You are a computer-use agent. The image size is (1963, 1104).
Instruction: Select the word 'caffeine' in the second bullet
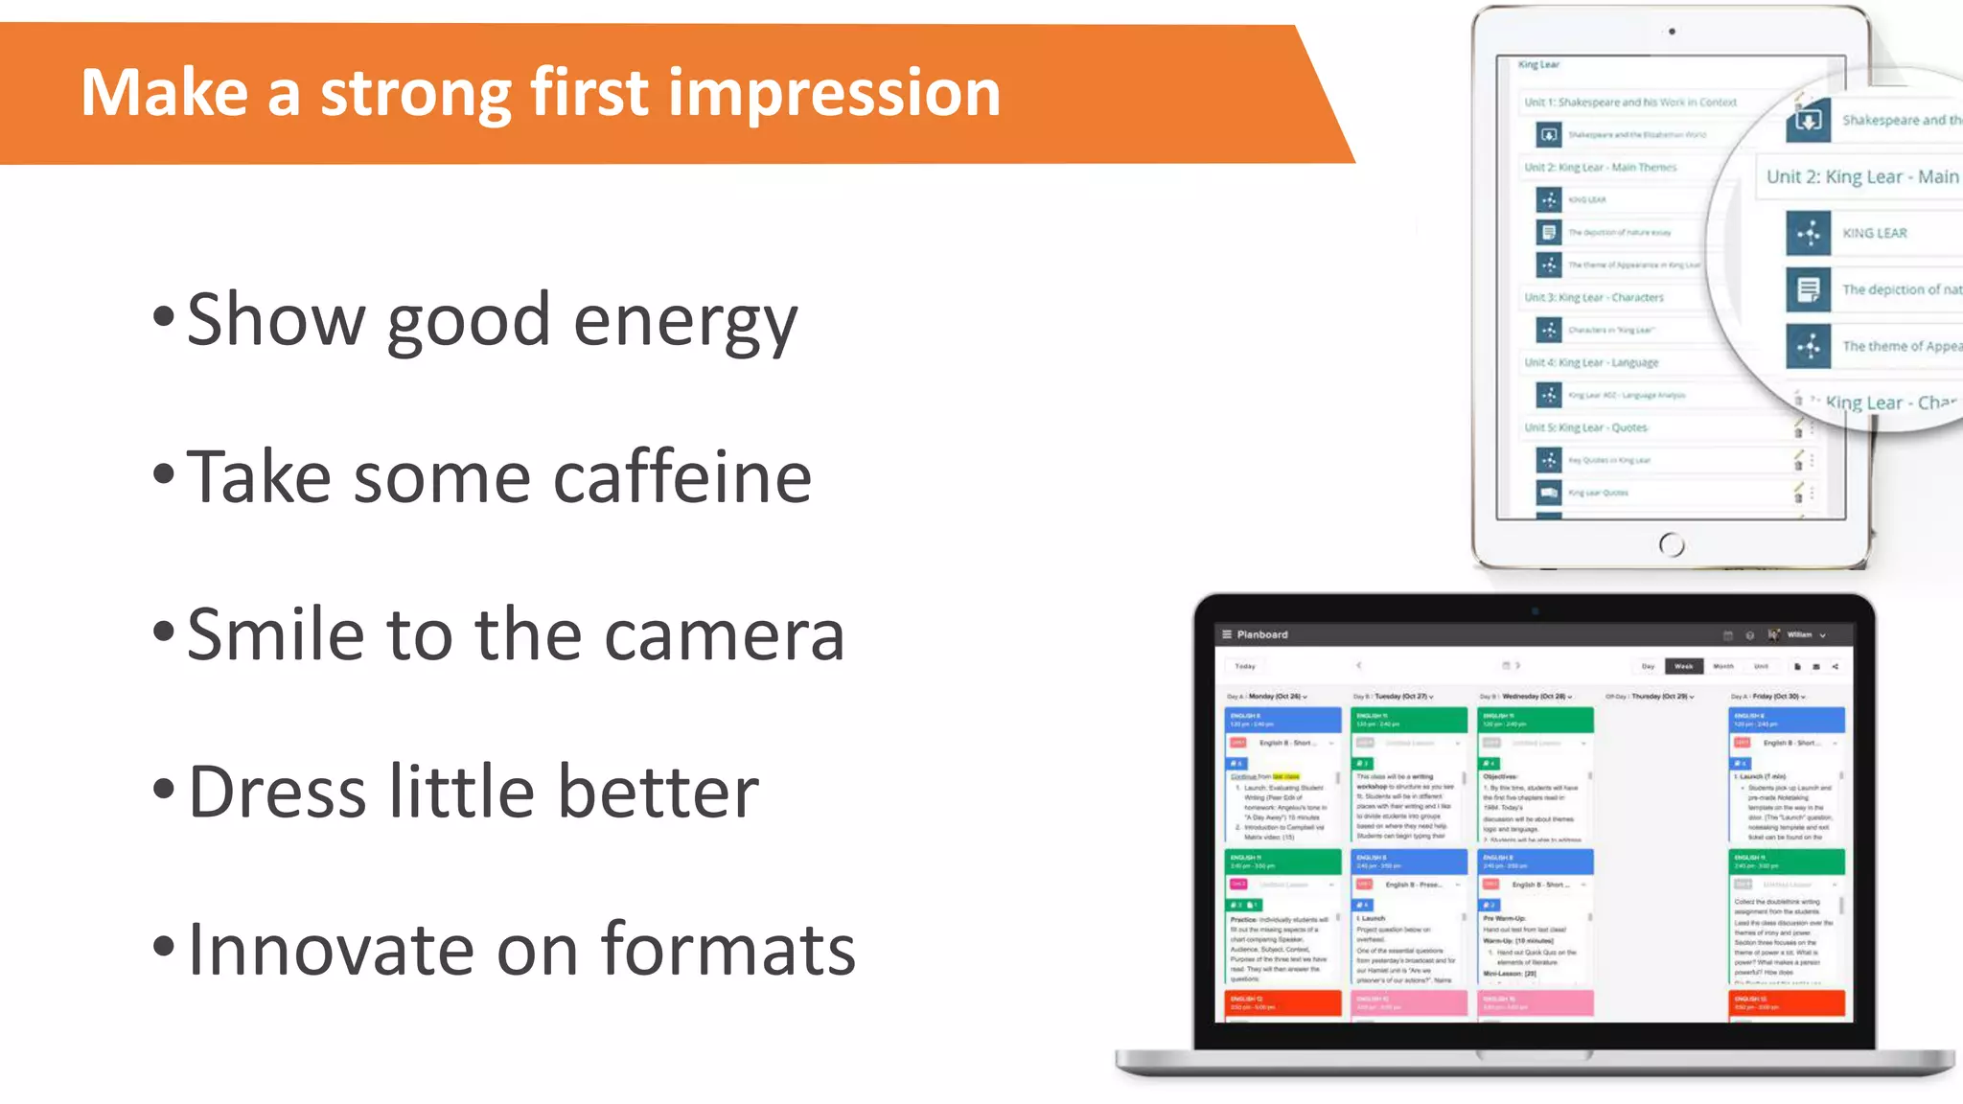click(682, 476)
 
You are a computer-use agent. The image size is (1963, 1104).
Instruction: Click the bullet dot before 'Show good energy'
click(164, 316)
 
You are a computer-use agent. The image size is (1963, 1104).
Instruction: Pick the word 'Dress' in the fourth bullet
click(278, 793)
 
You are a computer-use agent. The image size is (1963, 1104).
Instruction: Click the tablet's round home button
click(1671, 544)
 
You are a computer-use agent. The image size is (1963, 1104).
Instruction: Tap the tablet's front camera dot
click(1672, 32)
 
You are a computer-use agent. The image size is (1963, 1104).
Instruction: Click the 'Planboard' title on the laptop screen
click(1261, 634)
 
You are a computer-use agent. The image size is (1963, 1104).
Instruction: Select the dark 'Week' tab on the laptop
click(1683, 666)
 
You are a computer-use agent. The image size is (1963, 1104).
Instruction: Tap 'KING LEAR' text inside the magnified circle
click(1874, 233)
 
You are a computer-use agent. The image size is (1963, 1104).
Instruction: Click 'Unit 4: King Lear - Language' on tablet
click(1591, 362)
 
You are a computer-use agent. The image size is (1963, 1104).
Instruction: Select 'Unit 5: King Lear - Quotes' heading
click(1585, 427)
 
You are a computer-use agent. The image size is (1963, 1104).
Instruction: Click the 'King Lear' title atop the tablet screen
click(1538, 64)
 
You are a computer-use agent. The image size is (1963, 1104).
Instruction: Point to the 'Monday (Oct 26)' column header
click(1274, 697)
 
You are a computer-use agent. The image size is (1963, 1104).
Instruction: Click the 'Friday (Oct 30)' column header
click(1778, 697)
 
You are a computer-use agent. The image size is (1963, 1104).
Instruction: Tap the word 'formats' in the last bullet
click(727, 950)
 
